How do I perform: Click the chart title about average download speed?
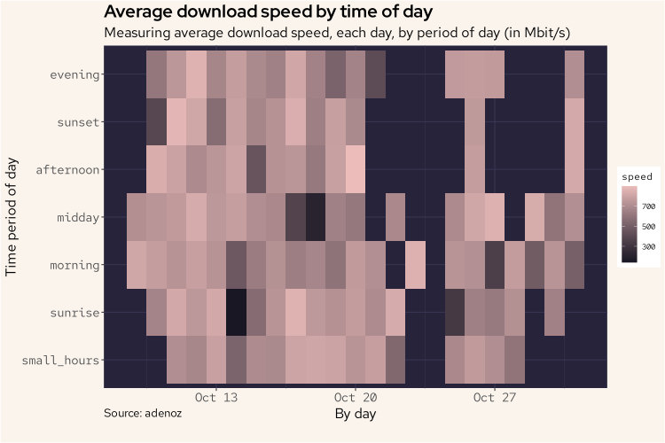pos(268,12)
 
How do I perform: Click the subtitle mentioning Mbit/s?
pos(336,33)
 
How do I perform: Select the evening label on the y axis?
pos(74,74)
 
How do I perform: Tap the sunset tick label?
pos(78,122)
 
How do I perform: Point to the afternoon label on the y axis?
pos(68,169)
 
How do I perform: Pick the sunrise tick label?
pos(74,313)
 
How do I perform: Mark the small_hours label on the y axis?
pos(62,360)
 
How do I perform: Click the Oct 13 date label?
pos(215,398)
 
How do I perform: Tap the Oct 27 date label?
pos(494,398)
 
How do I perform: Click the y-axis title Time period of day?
pos(12,217)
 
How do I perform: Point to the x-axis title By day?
pos(355,414)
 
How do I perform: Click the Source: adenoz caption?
pos(143,413)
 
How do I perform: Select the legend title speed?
pos(636,176)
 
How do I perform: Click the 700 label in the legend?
pos(648,206)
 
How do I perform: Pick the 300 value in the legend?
pos(648,246)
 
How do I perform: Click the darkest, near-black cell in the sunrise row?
pos(236,313)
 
